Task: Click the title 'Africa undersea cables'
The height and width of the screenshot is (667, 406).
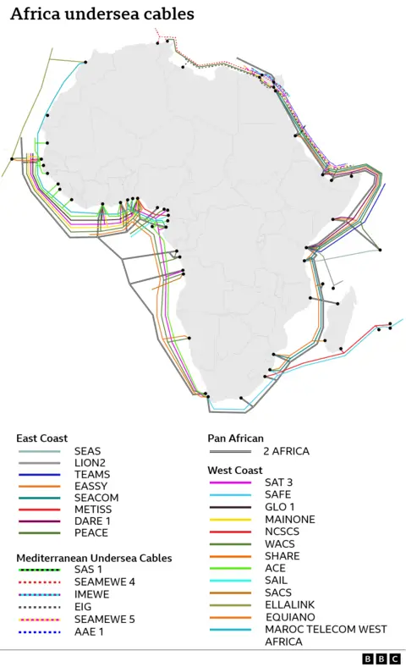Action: pyautogui.click(x=102, y=14)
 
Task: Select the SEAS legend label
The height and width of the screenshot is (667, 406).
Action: pyautogui.click(x=88, y=451)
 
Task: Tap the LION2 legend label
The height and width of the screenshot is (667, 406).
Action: pyautogui.click(x=91, y=463)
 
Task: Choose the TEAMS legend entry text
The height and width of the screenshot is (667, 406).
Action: pyautogui.click(x=91, y=475)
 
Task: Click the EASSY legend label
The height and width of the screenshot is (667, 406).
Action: pyautogui.click(x=91, y=487)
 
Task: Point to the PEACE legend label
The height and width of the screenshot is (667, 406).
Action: pyautogui.click(x=91, y=533)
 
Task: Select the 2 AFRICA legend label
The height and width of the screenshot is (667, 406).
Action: pyautogui.click(x=286, y=451)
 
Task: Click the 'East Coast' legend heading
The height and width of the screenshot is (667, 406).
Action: pyautogui.click(x=41, y=438)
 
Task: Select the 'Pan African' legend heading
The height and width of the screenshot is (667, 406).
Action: pyautogui.click(x=235, y=438)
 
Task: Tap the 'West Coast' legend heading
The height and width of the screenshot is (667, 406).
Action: pyautogui.click(x=235, y=470)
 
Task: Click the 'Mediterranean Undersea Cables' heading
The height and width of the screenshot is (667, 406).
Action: pyautogui.click(x=94, y=559)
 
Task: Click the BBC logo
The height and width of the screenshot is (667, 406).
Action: pyautogui.click(x=381, y=658)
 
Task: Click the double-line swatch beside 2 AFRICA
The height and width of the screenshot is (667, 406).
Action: pyautogui.click(x=230, y=451)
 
